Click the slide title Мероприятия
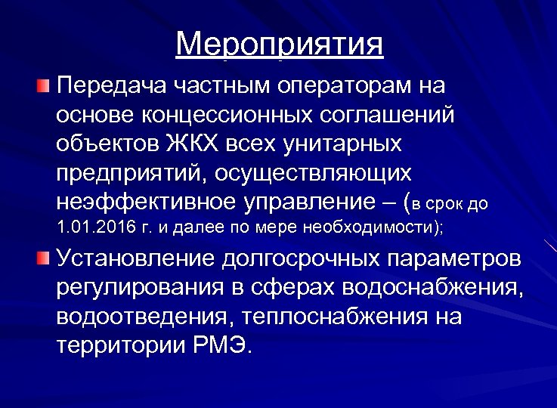point(279,45)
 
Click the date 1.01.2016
point(94,227)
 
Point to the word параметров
point(455,259)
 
